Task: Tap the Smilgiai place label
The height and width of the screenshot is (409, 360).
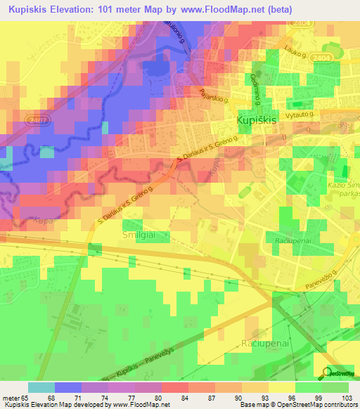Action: [x=140, y=235]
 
